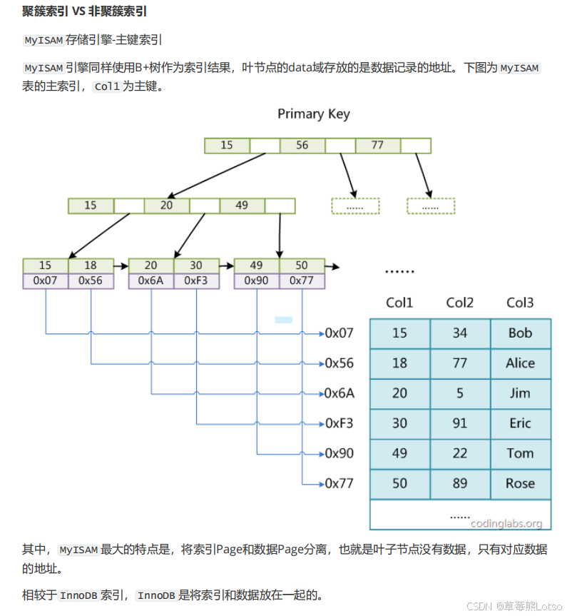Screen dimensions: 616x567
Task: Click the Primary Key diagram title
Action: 313,114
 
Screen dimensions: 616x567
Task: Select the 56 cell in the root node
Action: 302,146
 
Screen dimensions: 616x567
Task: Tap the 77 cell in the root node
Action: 377,146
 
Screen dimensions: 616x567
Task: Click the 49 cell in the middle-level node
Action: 242,206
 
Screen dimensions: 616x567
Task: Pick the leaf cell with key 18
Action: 91,266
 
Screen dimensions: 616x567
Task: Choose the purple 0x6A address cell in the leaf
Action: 150,281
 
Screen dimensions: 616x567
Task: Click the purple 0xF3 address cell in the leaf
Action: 196,281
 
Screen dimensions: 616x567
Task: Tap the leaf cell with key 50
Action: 302,266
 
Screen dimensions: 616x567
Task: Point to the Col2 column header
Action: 460,303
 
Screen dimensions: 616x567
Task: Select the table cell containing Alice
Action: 521,363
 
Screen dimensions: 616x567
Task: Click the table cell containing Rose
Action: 521,483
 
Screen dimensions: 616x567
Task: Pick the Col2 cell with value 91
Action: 460,423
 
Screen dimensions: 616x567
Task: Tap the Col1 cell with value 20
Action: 399,393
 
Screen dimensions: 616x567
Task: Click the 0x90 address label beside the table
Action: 339,453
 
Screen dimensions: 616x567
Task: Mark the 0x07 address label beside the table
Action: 339,333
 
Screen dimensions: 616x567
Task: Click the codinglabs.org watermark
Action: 506,523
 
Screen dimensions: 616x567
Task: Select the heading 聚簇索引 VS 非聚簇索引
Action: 85,13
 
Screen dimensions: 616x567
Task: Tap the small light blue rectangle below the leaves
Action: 284,320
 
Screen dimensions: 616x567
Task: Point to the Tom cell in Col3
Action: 521,453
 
